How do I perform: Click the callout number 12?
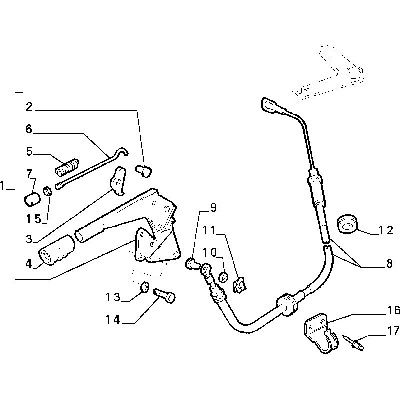click(386, 230)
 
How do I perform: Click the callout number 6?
click(29, 129)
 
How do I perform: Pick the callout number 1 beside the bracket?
click(4, 187)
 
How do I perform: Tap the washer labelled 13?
click(144, 287)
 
